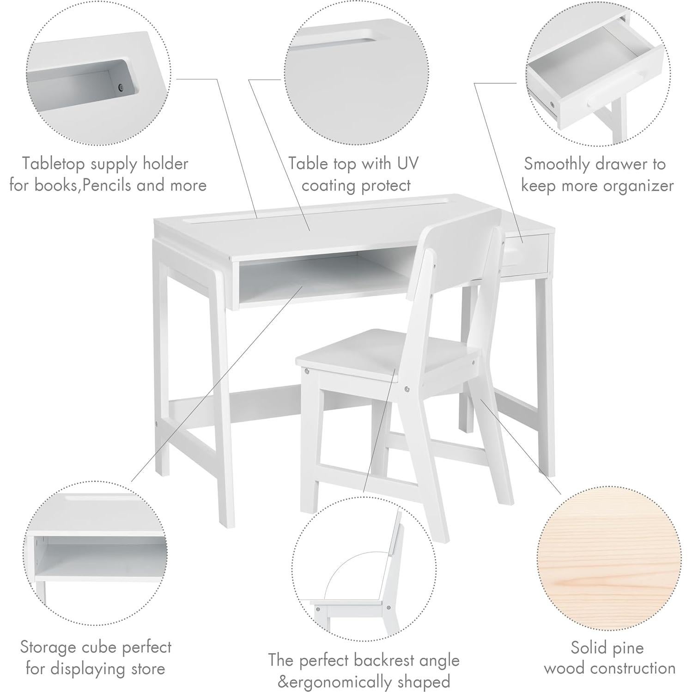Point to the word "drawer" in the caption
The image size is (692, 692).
click(624, 164)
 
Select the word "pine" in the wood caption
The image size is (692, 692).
click(626, 648)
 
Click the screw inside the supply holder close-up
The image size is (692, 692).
click(121, 87)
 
